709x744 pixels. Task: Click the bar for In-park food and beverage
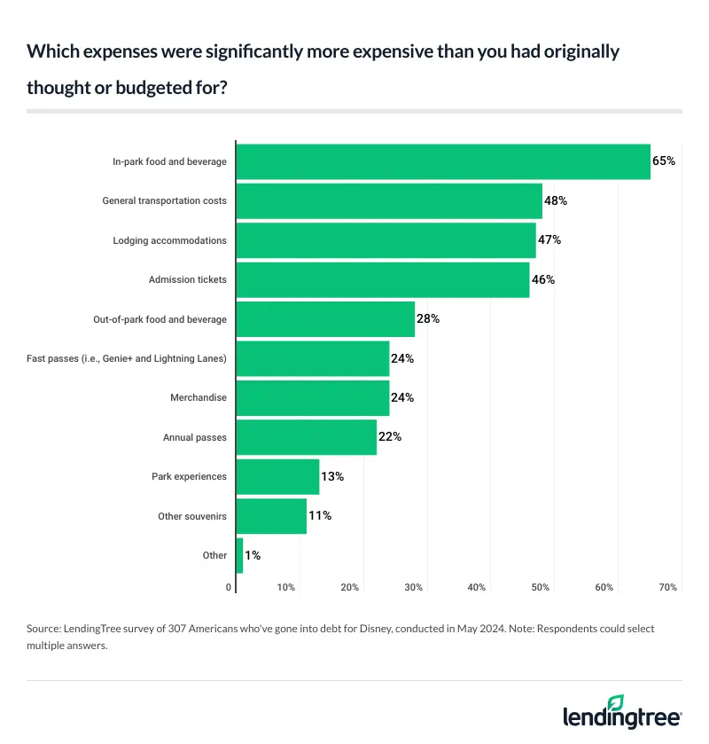pos(443,161)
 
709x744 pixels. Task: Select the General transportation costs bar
pos(389,200)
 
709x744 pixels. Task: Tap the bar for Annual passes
pos(307,437)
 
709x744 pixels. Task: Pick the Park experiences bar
pos(278,476)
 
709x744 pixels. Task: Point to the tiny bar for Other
pos(239,555)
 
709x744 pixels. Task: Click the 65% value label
pos(664,161)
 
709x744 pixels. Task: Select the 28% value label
pos(428,318)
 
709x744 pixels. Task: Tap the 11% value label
pos(320,515)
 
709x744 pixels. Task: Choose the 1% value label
pos(253,555)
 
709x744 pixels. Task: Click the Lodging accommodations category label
pos(169,240)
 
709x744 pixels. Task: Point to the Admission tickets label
pos(187,279)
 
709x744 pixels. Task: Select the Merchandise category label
pos(198,397)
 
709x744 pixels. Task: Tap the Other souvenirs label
pos(191,515)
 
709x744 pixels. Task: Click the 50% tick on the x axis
pos(541,587)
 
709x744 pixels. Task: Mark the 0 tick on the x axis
pos(229,587)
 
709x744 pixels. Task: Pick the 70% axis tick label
pos(668,587)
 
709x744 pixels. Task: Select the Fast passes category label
pos(127,358)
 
